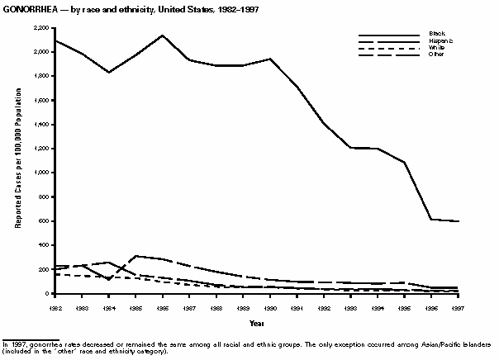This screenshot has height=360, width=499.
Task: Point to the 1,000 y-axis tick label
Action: coord(38,173)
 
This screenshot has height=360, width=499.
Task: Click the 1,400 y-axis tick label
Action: coord(38,124)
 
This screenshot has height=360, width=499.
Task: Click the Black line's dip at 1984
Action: coord(110,73)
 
